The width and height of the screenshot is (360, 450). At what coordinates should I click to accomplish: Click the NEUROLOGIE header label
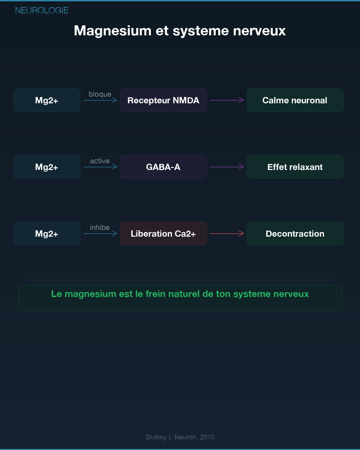point(42,10)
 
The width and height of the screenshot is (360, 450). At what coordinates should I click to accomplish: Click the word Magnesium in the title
point(113,31)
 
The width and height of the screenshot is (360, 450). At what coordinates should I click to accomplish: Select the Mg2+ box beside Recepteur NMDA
point(47,100)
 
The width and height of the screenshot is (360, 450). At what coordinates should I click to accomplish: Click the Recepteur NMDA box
point(163,100)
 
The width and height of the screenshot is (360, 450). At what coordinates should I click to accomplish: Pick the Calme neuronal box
point(295,100)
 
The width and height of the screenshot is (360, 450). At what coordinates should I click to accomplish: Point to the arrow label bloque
point(100,94)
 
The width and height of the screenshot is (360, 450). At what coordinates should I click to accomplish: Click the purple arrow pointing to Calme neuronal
point(227,100)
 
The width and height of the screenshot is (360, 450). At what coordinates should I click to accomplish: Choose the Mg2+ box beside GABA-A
point(47,167)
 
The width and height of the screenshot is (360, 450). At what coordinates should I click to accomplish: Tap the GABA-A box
point(163,167)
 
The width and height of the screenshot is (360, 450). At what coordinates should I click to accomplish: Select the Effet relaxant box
point(295,167)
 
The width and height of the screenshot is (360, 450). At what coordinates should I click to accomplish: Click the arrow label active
point(100,161)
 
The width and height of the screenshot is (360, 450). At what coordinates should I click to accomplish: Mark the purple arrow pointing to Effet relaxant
point(227,167)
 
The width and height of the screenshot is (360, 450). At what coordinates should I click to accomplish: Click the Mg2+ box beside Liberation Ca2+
point(47,234)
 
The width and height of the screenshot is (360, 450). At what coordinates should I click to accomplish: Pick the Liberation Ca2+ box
point(163,234)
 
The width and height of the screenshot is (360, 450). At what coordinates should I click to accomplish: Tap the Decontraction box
point(295,234)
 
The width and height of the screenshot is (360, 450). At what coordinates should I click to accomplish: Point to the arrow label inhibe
point(100,228)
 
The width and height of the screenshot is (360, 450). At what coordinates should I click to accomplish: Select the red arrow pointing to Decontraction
point(227,234)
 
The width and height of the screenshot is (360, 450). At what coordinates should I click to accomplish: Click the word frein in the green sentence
point(155,294)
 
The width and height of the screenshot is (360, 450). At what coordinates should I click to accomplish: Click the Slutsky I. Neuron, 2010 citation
point(180,437)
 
